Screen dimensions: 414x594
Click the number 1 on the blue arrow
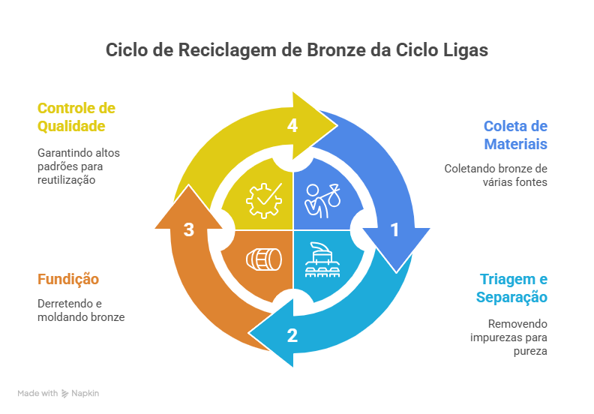[394, 231]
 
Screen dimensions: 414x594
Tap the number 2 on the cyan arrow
[292, 335]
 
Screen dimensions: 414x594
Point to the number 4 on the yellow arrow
[292, 126]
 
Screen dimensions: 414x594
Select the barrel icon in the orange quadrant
[263, 259]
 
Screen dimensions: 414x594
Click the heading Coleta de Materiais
[515, 135]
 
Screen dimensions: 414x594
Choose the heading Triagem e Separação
[512, 289]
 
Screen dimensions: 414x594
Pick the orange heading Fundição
[68, 280]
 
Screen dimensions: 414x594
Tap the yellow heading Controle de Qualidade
[76, 116]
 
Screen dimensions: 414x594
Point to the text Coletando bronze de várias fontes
[496, 175]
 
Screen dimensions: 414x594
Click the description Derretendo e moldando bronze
[81, 310]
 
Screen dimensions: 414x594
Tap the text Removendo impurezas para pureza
[508, 337]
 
